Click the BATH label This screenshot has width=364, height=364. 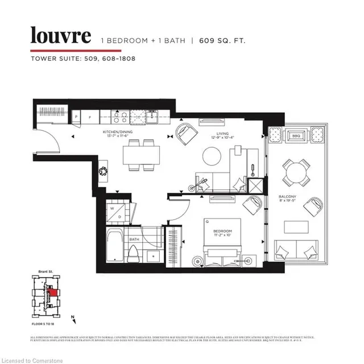pos(134,239)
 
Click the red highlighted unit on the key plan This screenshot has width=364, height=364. pos(53,295)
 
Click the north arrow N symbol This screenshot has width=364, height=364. pos(73,317)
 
